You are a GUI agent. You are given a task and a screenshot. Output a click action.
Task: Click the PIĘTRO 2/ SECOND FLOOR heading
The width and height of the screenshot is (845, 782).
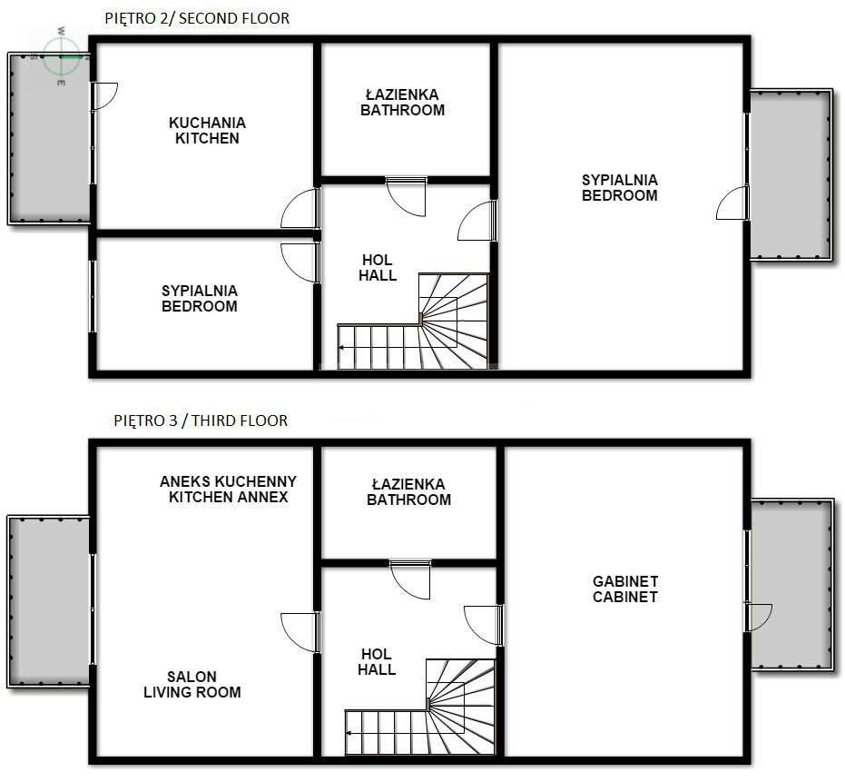click(x=197, y=18)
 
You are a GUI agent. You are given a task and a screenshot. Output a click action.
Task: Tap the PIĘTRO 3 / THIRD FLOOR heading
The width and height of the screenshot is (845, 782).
click(x=201, y=421)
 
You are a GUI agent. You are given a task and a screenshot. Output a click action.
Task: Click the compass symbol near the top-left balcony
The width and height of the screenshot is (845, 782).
click(x=62, y=55)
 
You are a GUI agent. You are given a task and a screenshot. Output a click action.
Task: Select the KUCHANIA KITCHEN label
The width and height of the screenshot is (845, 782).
click(x=208, y=131)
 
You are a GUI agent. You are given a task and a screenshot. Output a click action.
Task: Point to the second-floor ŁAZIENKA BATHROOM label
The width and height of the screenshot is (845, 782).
click(x=403, y=103)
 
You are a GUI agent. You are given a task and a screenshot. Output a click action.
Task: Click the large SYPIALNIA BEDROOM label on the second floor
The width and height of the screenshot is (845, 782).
click(x=620, y=188)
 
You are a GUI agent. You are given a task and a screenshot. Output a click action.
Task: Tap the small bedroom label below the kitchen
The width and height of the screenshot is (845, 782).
click(x=200, y=299)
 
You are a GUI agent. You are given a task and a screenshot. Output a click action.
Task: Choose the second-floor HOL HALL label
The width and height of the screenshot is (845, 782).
click(x=378, y=268)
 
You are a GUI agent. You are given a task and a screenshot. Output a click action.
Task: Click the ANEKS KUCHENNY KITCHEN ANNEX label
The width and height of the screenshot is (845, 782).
click(x=229, y=490)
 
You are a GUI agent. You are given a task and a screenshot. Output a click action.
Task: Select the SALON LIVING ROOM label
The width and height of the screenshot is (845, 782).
click(x=192, y=685)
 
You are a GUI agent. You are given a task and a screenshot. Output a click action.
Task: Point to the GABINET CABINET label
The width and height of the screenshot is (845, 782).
click(x=625, y=589)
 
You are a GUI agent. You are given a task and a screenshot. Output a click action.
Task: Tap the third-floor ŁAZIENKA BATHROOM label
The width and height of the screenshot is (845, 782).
click(x=409, y=492)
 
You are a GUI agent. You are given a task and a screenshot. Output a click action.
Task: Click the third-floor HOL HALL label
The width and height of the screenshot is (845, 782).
click(x=377, y=662)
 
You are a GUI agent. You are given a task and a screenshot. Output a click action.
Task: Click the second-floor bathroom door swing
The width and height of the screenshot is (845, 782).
click(x=407, y=196)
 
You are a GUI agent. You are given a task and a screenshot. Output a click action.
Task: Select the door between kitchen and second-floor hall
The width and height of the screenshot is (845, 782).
click(x=300, y=208)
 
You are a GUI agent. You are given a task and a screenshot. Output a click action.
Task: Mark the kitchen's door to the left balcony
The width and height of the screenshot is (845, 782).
click(x=104, y=96)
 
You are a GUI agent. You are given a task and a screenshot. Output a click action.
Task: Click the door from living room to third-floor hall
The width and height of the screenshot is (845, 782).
click(x=300, y=632)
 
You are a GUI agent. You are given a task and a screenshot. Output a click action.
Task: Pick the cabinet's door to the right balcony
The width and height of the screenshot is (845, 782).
click(x=759, y=618)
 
